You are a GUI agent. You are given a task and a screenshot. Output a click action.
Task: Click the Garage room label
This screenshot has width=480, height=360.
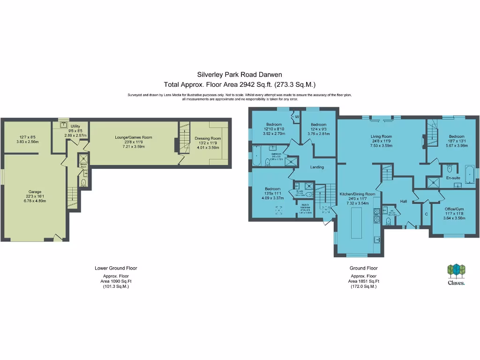(35, 192)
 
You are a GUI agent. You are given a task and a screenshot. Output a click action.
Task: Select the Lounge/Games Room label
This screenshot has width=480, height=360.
(134, 137)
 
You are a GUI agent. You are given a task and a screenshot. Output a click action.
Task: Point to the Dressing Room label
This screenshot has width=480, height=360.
(208, 138)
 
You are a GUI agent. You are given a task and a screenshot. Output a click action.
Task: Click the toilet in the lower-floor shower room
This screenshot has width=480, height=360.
(83, 182)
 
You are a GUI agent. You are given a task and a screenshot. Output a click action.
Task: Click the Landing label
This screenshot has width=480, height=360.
(317, 167)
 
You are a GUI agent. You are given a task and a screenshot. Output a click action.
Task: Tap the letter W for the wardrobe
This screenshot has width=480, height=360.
(296, 117)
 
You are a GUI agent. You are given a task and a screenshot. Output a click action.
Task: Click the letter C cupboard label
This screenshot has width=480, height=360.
(426, 214)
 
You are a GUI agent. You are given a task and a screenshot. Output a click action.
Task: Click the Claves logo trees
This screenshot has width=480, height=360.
(456, 270)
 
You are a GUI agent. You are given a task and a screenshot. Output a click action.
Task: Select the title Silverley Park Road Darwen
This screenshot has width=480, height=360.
(240, 74)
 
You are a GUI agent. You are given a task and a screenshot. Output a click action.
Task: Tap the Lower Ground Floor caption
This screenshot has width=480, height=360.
(116, 268)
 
